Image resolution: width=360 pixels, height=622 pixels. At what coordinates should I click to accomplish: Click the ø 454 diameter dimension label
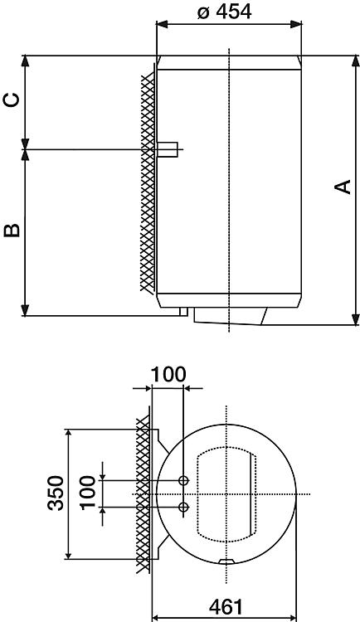(x=224, y=12)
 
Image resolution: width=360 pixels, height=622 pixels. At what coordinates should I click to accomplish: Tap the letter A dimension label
(x=343, y=187)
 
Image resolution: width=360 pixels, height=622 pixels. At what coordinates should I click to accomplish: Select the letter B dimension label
(x=12, y=230)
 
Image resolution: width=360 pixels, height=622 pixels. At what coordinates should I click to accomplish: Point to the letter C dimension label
(x=12, y=100)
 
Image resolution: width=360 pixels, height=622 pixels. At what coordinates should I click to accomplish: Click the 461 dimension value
(x=226, y=606)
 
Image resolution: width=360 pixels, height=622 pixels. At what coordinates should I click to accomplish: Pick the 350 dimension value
(x=56, y=493)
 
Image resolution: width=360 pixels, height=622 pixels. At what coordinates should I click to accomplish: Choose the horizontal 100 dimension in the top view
(x=168, y=375)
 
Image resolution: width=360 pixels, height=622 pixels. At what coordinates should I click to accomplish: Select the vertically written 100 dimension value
(x=88, y=493)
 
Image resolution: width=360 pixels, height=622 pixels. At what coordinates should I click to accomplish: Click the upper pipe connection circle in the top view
(x=183, y=480)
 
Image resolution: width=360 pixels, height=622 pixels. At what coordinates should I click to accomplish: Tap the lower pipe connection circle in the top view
(x=183, y=507)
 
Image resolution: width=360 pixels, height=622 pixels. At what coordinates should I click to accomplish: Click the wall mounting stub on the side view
(x=168, y=149)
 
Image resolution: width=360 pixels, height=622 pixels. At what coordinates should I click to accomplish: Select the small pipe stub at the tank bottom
(x=183, y=312)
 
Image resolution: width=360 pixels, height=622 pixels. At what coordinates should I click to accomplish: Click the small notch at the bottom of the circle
(x=226, y=561)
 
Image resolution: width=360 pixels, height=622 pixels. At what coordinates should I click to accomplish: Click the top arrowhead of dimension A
(x=355, y=61)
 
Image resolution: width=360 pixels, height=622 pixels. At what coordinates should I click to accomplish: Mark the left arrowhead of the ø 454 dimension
(x=163, y=24)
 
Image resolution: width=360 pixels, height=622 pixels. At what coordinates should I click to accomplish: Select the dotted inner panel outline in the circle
(x=226, y=494)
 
